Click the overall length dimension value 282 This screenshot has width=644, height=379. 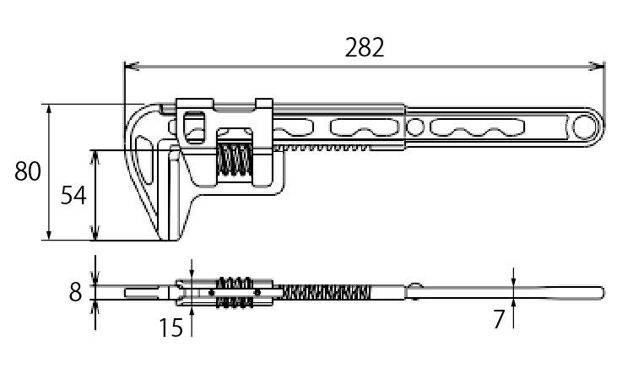click(365, 47)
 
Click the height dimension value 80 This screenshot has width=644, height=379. click(27, 171)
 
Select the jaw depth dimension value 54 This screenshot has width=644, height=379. click(73, 195)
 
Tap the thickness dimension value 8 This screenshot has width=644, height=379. click(75, 292)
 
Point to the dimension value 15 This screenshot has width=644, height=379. click(171, 328)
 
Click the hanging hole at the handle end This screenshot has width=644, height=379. click(584, 127)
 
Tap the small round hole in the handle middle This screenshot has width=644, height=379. click(415, 127)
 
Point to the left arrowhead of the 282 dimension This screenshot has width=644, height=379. click(129, 66)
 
